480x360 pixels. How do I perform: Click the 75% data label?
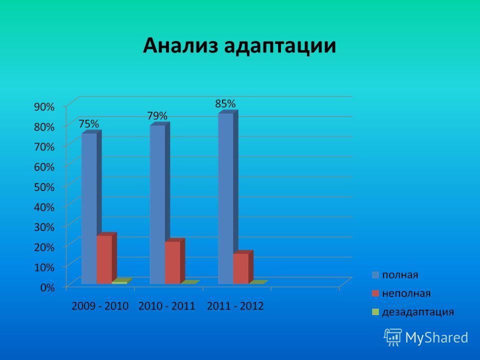click(89, 124)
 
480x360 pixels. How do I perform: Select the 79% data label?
click(157, 116)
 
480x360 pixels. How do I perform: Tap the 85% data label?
click(225, 104)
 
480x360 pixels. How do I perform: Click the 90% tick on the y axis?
click(44, 107)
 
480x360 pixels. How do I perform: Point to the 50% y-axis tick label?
click(44, 187)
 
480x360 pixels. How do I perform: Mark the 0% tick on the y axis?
click(47, 287)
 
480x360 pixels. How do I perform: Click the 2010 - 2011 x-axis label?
click(167, 306)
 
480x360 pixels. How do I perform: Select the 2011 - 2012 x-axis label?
click(235, 306)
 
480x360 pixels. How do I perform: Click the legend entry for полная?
click(395, 275)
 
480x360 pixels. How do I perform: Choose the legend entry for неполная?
click(401, 293)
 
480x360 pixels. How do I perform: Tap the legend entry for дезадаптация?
click(413, 312)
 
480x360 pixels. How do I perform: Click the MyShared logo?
click(426, 337)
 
